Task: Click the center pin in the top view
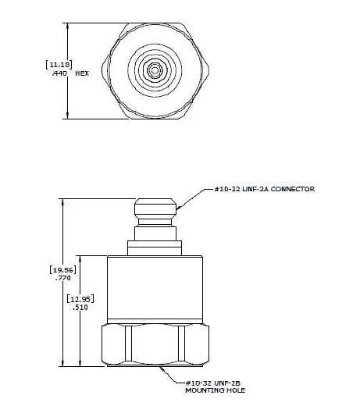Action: (155, 70)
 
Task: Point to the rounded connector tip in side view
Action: (155, 209)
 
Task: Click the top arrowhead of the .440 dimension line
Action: (69, 26)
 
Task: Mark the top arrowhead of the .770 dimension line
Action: (63, 201)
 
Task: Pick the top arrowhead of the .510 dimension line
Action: (82, 258)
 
